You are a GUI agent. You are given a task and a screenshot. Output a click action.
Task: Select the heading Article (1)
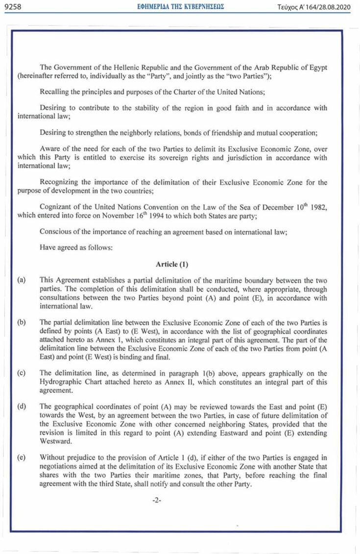point(172,264)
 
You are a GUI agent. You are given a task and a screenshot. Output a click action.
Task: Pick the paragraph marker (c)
point(22,373)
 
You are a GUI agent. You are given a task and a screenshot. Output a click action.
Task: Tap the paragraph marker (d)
point(22,407)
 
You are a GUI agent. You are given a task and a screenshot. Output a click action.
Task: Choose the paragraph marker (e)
point(22,458)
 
